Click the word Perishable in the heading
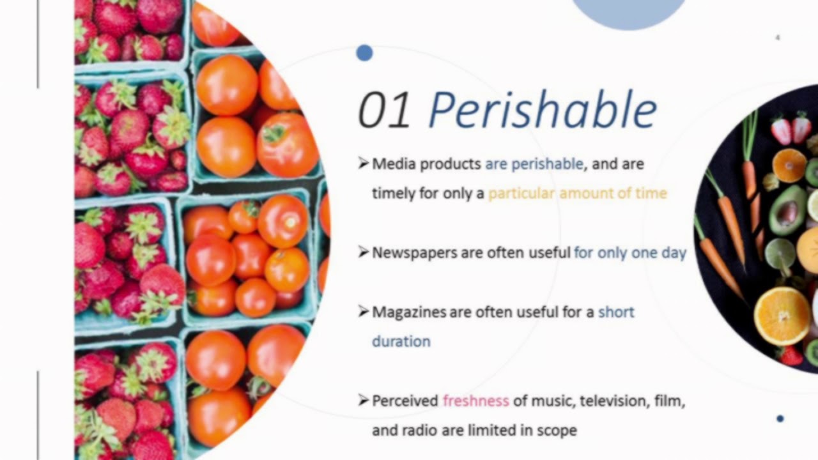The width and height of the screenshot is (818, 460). (x=543, y=111)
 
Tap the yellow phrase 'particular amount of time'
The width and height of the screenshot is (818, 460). (x=578, y=193)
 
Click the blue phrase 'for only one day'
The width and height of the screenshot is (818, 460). (x=630, y=253)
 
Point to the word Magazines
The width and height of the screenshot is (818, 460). (x=409, y=312)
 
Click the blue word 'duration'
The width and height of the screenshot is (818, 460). (x=401, y=341)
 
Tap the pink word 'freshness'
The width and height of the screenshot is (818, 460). (x=476, y=401)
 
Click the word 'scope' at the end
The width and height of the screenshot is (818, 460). (x=558, y=431)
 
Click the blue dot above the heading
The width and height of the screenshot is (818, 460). (x=364, y=53)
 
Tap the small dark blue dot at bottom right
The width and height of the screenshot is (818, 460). (x=780, y=418)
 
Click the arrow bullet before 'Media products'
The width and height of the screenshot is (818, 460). (x=364, y=164)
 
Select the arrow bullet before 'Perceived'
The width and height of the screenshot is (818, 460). (x=364, y=401)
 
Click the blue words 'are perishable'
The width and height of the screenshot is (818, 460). (x=534, y=164)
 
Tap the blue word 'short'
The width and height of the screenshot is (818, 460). (x=616, y=312)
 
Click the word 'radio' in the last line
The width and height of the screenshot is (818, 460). (x=419, y=431)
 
